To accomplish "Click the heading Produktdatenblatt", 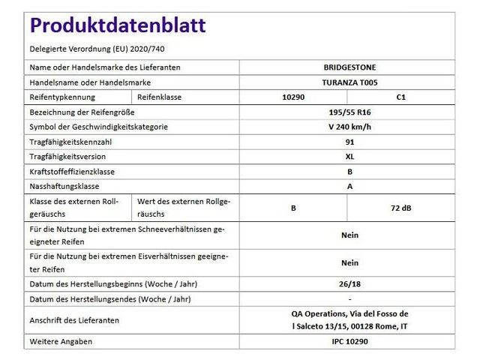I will [x=117, y=25].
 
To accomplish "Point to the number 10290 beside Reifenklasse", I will [x=293, y=97].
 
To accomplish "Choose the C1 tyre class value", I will [x=400, y=97].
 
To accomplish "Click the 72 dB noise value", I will [x=400, y=208].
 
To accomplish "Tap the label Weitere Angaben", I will [x=60, y=341].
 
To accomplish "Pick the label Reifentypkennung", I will [x=64, y=97].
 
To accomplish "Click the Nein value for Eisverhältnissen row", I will [x=349, y=262].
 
